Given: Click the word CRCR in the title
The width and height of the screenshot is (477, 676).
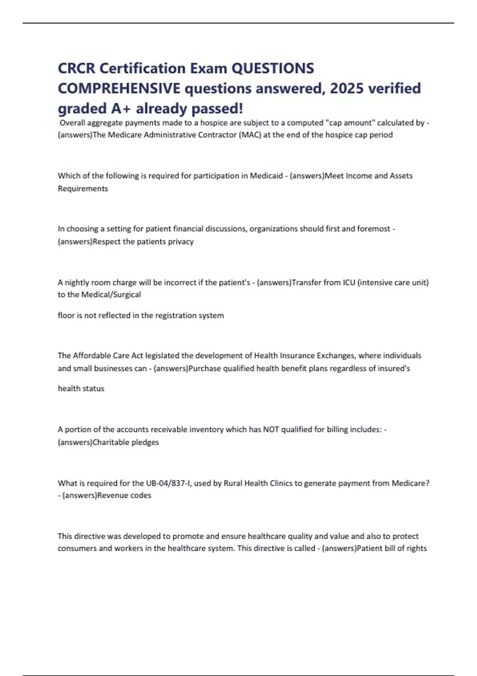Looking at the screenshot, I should pos(76,68).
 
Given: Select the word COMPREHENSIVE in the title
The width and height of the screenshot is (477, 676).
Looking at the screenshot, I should pos(119,88).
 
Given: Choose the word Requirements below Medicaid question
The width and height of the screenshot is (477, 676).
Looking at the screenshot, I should pos(83,188).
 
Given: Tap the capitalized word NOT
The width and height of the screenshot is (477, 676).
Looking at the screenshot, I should pos(271,429).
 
